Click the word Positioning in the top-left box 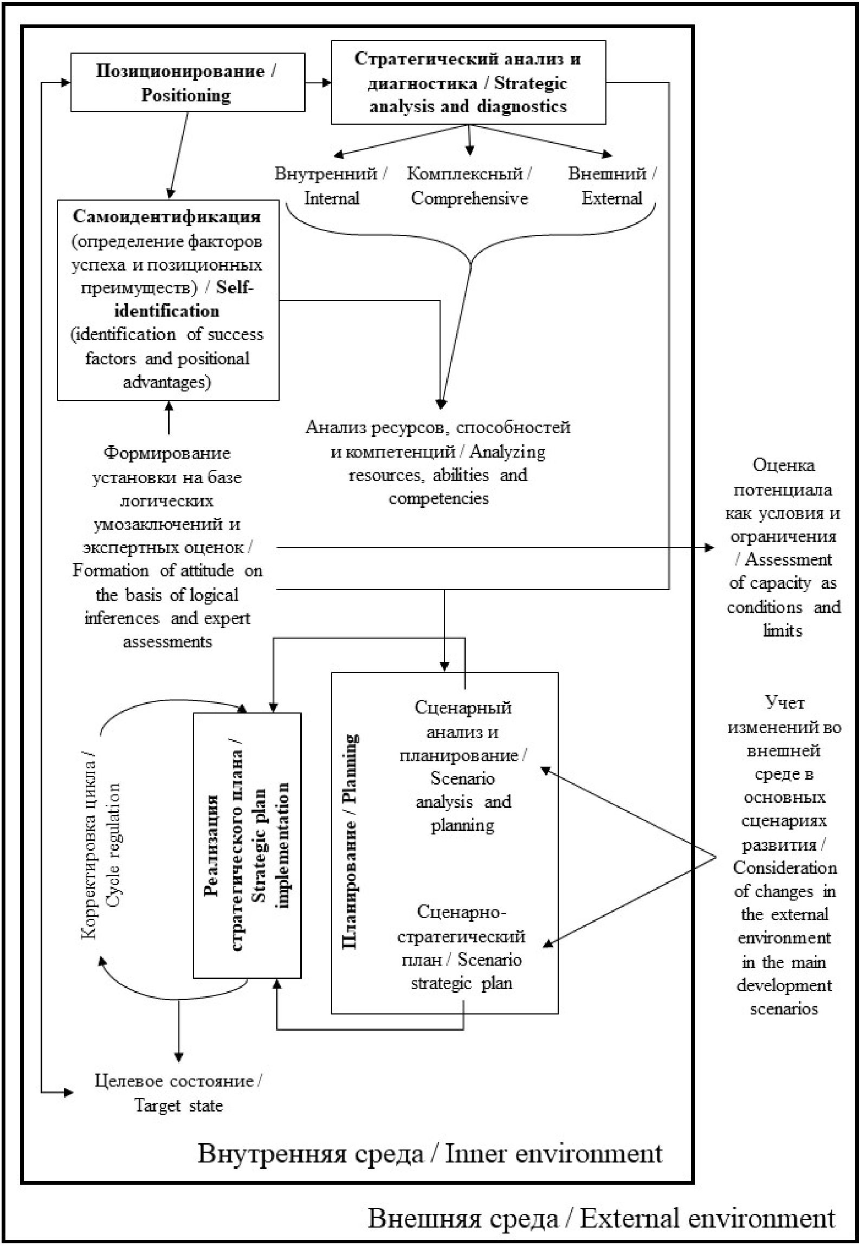click(186, 96)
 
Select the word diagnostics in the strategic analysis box click(522, 106)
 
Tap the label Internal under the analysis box click(332, 198)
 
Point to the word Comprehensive click(469, 198)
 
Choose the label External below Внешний click(612, 198)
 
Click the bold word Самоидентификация click(167, 217)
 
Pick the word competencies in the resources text click(438, 499)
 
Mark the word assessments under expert click(167, 643)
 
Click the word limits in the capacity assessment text click(783, 631)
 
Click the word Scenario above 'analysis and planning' click(462, 779)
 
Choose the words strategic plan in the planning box click(462, 984)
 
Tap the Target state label click(179, 1106)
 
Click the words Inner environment click(553, 1153)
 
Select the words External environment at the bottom click(707, 1218)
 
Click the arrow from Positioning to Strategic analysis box click(319, 82)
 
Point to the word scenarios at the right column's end click(784, 1009)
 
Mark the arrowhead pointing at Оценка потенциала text click(709, 548)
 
